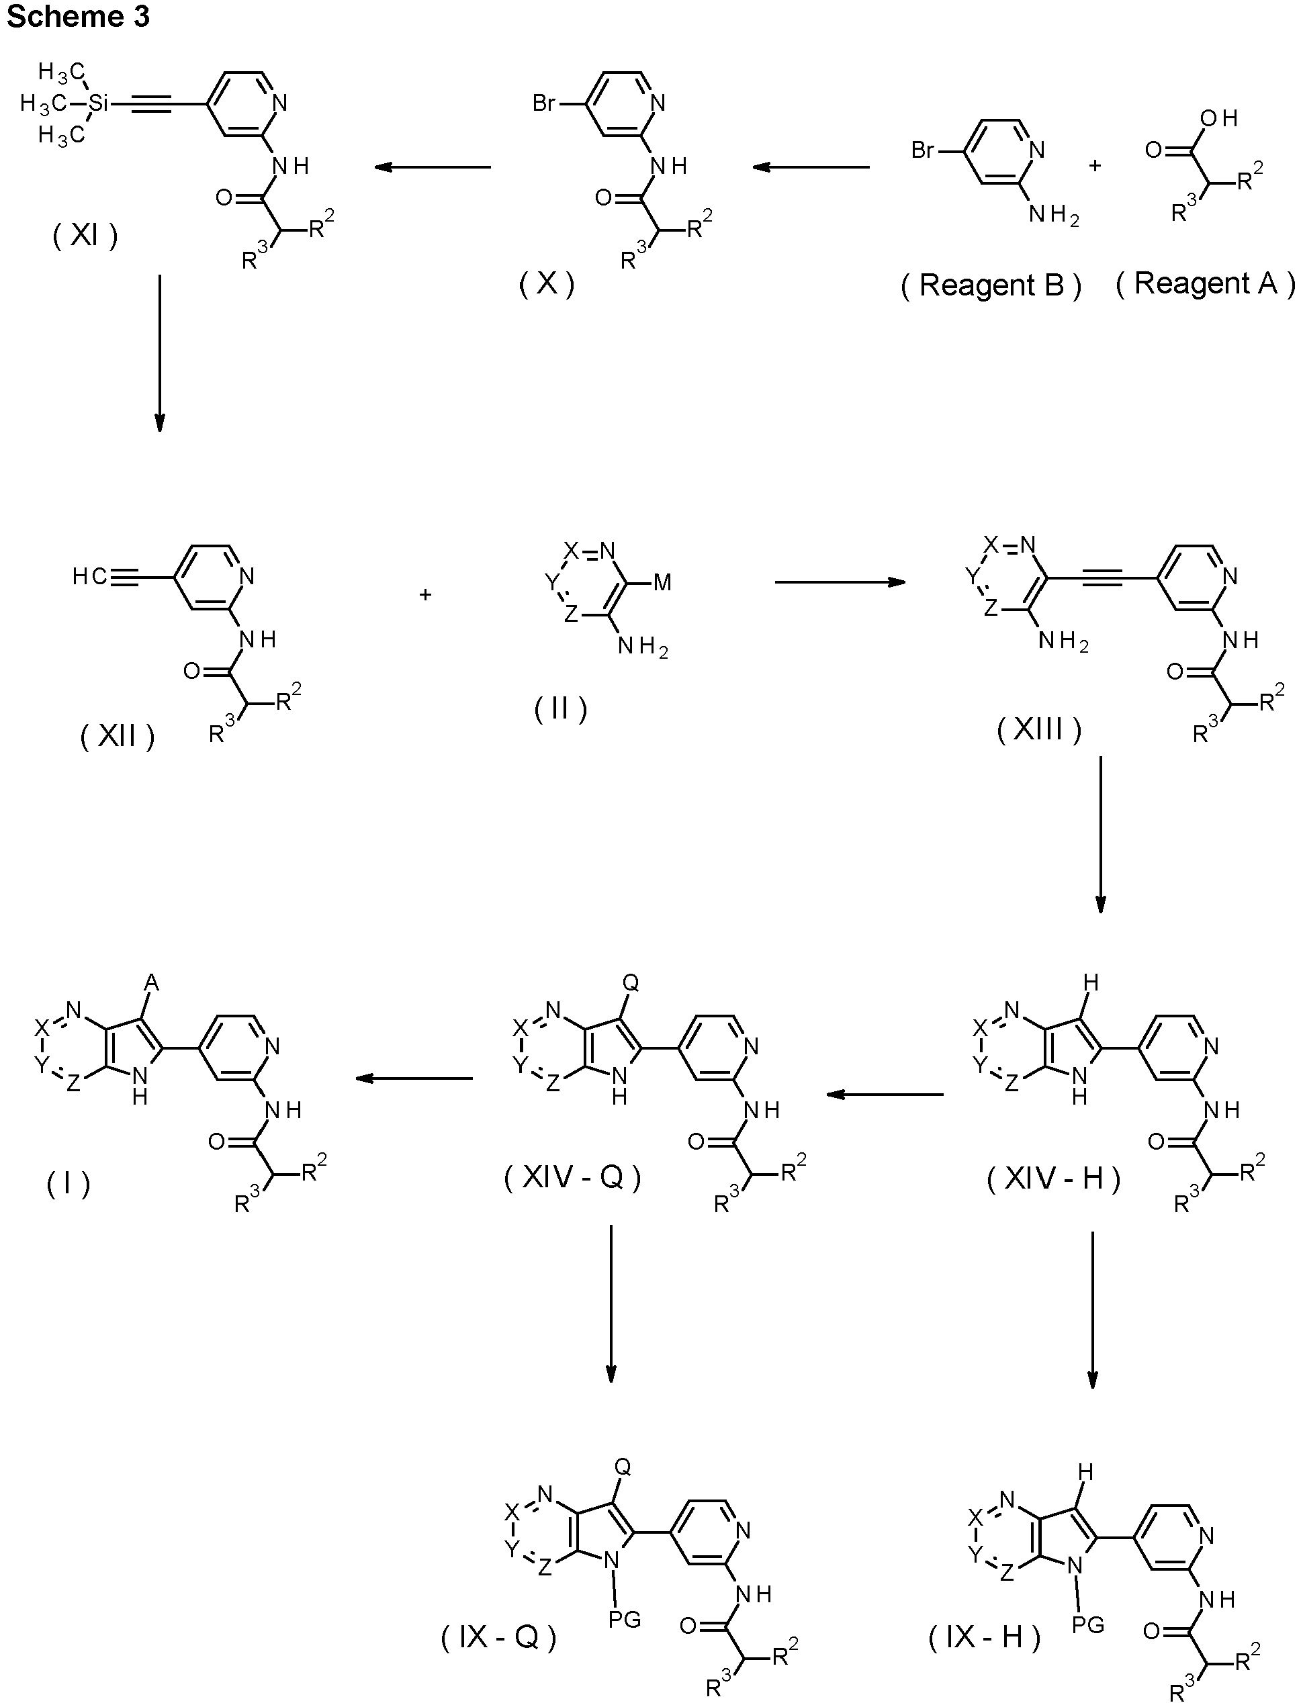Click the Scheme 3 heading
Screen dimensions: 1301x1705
[x=77, y=15]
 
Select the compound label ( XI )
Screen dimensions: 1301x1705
[x=85, y=236]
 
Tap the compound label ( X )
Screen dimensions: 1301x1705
[x=547, y=284]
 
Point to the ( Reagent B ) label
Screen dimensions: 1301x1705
[x=991, y=285]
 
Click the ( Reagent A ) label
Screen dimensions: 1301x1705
[x=1205, y=283]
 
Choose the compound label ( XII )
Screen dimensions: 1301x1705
[x=118, y=737]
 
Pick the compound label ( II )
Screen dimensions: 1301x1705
[x=561, y=708]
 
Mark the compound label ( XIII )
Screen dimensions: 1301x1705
[x=1038, y=729]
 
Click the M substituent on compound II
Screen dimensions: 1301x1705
[x=662, y=583]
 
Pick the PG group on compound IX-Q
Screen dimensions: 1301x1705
[x=624, y=1618]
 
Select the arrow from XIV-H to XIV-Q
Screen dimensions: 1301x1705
[x=885, y=1094]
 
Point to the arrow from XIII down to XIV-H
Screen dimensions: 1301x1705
[x=1100, y=834]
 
